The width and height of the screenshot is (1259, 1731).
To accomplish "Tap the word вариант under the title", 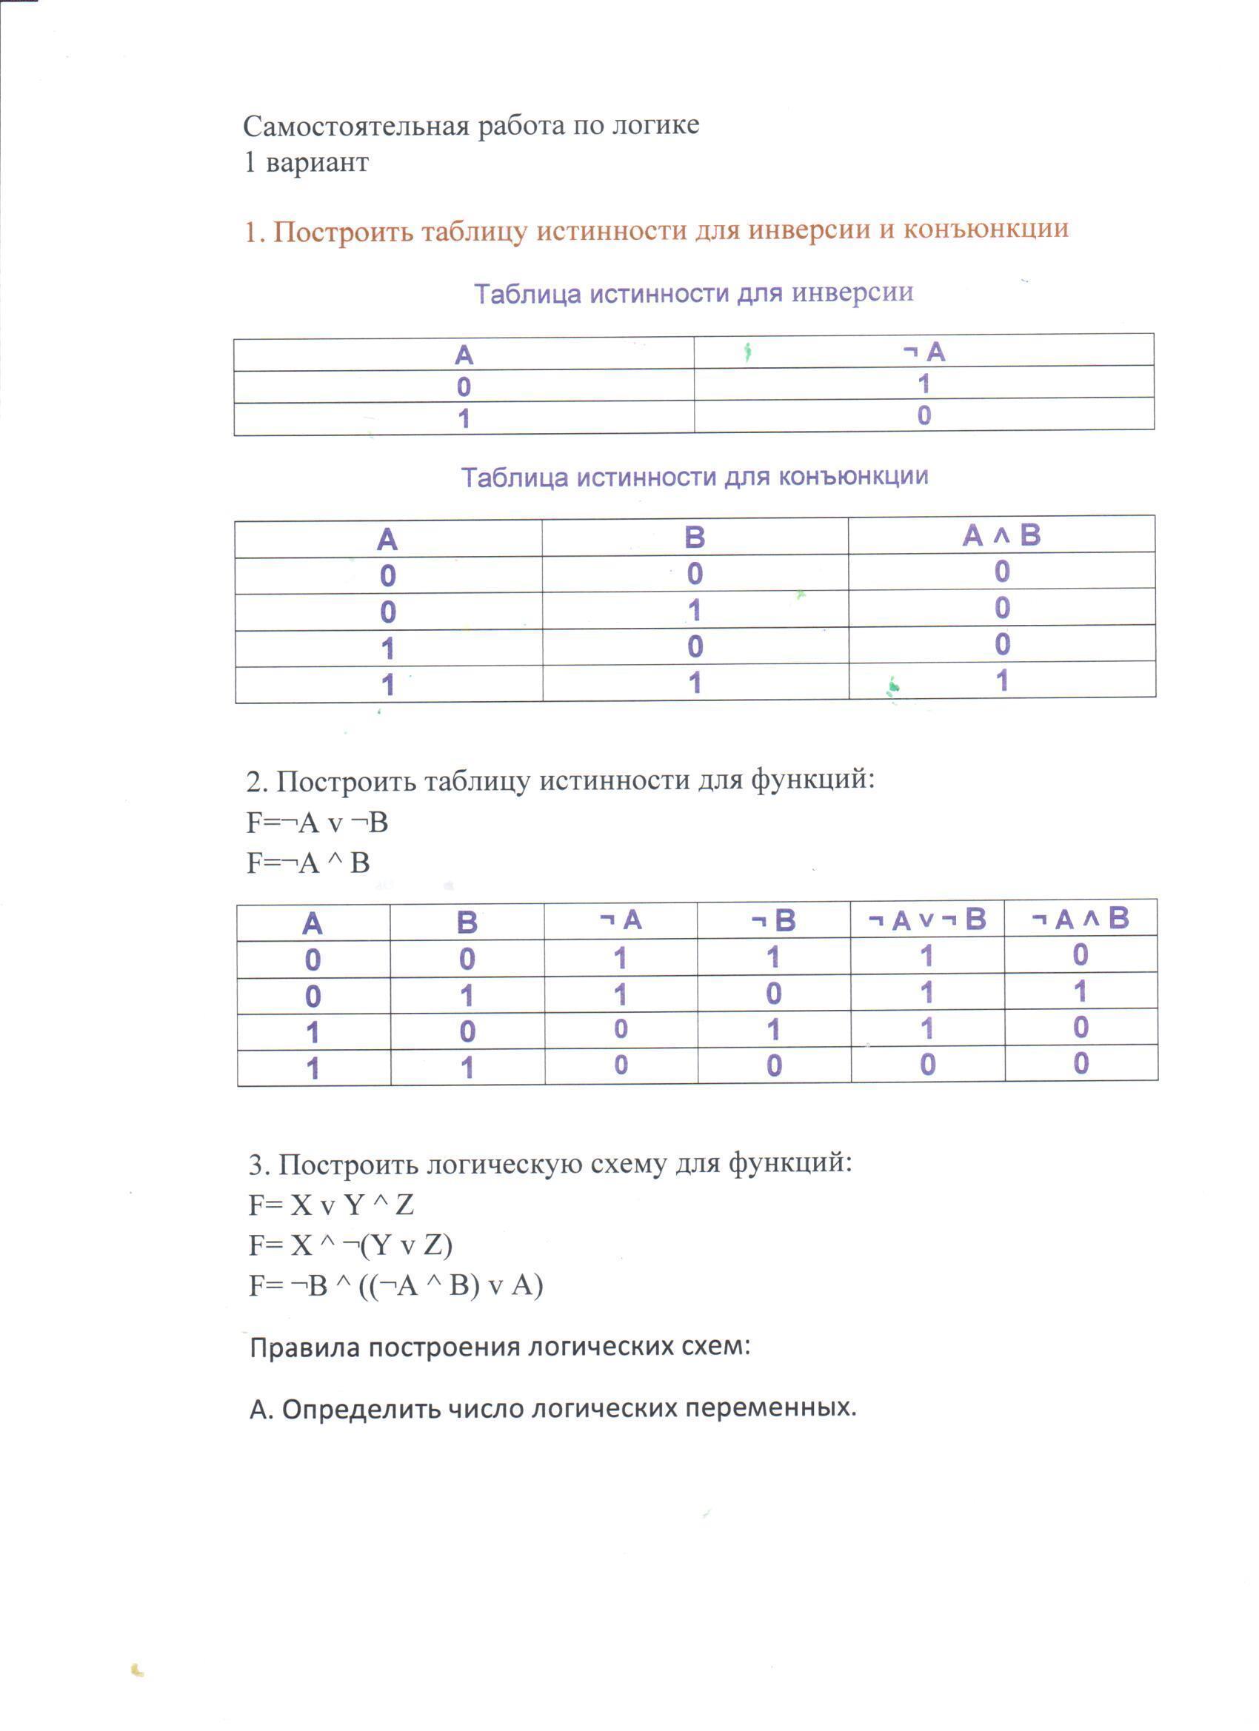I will click(x=317, y=163).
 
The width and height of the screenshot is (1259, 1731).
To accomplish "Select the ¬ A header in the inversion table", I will click(x=924, y=352).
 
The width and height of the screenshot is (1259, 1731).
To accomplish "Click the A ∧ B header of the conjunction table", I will click(x=1002, y=536).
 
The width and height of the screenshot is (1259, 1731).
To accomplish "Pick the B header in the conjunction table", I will click(x=695, y=538).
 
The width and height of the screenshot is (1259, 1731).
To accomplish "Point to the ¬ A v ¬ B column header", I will click(x=927, y=920).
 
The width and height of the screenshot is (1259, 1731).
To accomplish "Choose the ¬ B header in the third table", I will click(x=774, y=921).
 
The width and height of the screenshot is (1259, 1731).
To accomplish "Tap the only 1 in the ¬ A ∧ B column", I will click(x=1081, y=992).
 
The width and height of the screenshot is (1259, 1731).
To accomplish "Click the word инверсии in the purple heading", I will click(x=852, y=293).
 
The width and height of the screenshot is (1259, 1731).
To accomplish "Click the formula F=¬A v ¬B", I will click(x=317, y=823).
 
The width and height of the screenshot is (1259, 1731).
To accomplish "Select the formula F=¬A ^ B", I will click(x=307, y=863).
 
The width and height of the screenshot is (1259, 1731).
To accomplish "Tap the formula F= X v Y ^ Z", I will click(x=330, y=1205).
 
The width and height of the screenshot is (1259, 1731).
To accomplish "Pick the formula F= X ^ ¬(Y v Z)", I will click(x=350, y=1245).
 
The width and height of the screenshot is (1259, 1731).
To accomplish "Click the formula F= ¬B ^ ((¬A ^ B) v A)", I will click(x=395, y=1286).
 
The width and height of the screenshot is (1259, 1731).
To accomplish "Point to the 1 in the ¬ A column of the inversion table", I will click(x=924, y=384).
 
